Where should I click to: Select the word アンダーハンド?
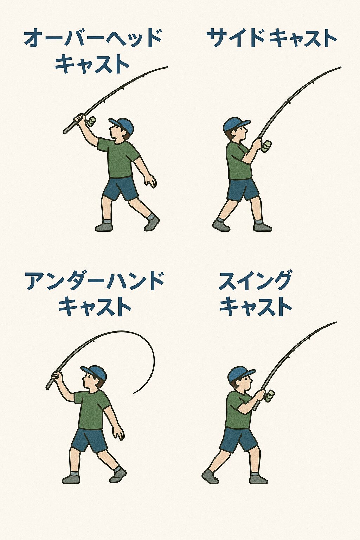click(95, 282)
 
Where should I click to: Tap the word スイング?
click(255, 281)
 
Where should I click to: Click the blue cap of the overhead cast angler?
click(122, 125)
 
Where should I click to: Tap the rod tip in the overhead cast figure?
click(167, 67)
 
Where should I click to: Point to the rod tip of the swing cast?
click(336, 322)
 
